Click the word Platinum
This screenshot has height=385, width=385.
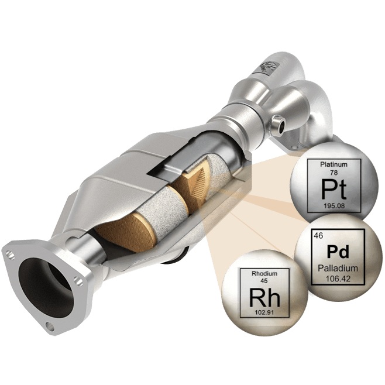click(334, 164)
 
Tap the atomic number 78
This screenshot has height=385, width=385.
click(334, 173)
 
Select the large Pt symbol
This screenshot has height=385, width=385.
click(334, 190)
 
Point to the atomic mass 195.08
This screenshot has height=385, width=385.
click(334, 206)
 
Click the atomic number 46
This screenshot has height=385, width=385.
click(318, 236)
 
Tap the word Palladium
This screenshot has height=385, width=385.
click(338, 268)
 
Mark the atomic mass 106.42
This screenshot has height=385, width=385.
click(338, 279)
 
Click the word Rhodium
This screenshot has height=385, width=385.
click(264, 273)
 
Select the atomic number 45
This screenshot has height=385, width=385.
click(264, 281)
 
